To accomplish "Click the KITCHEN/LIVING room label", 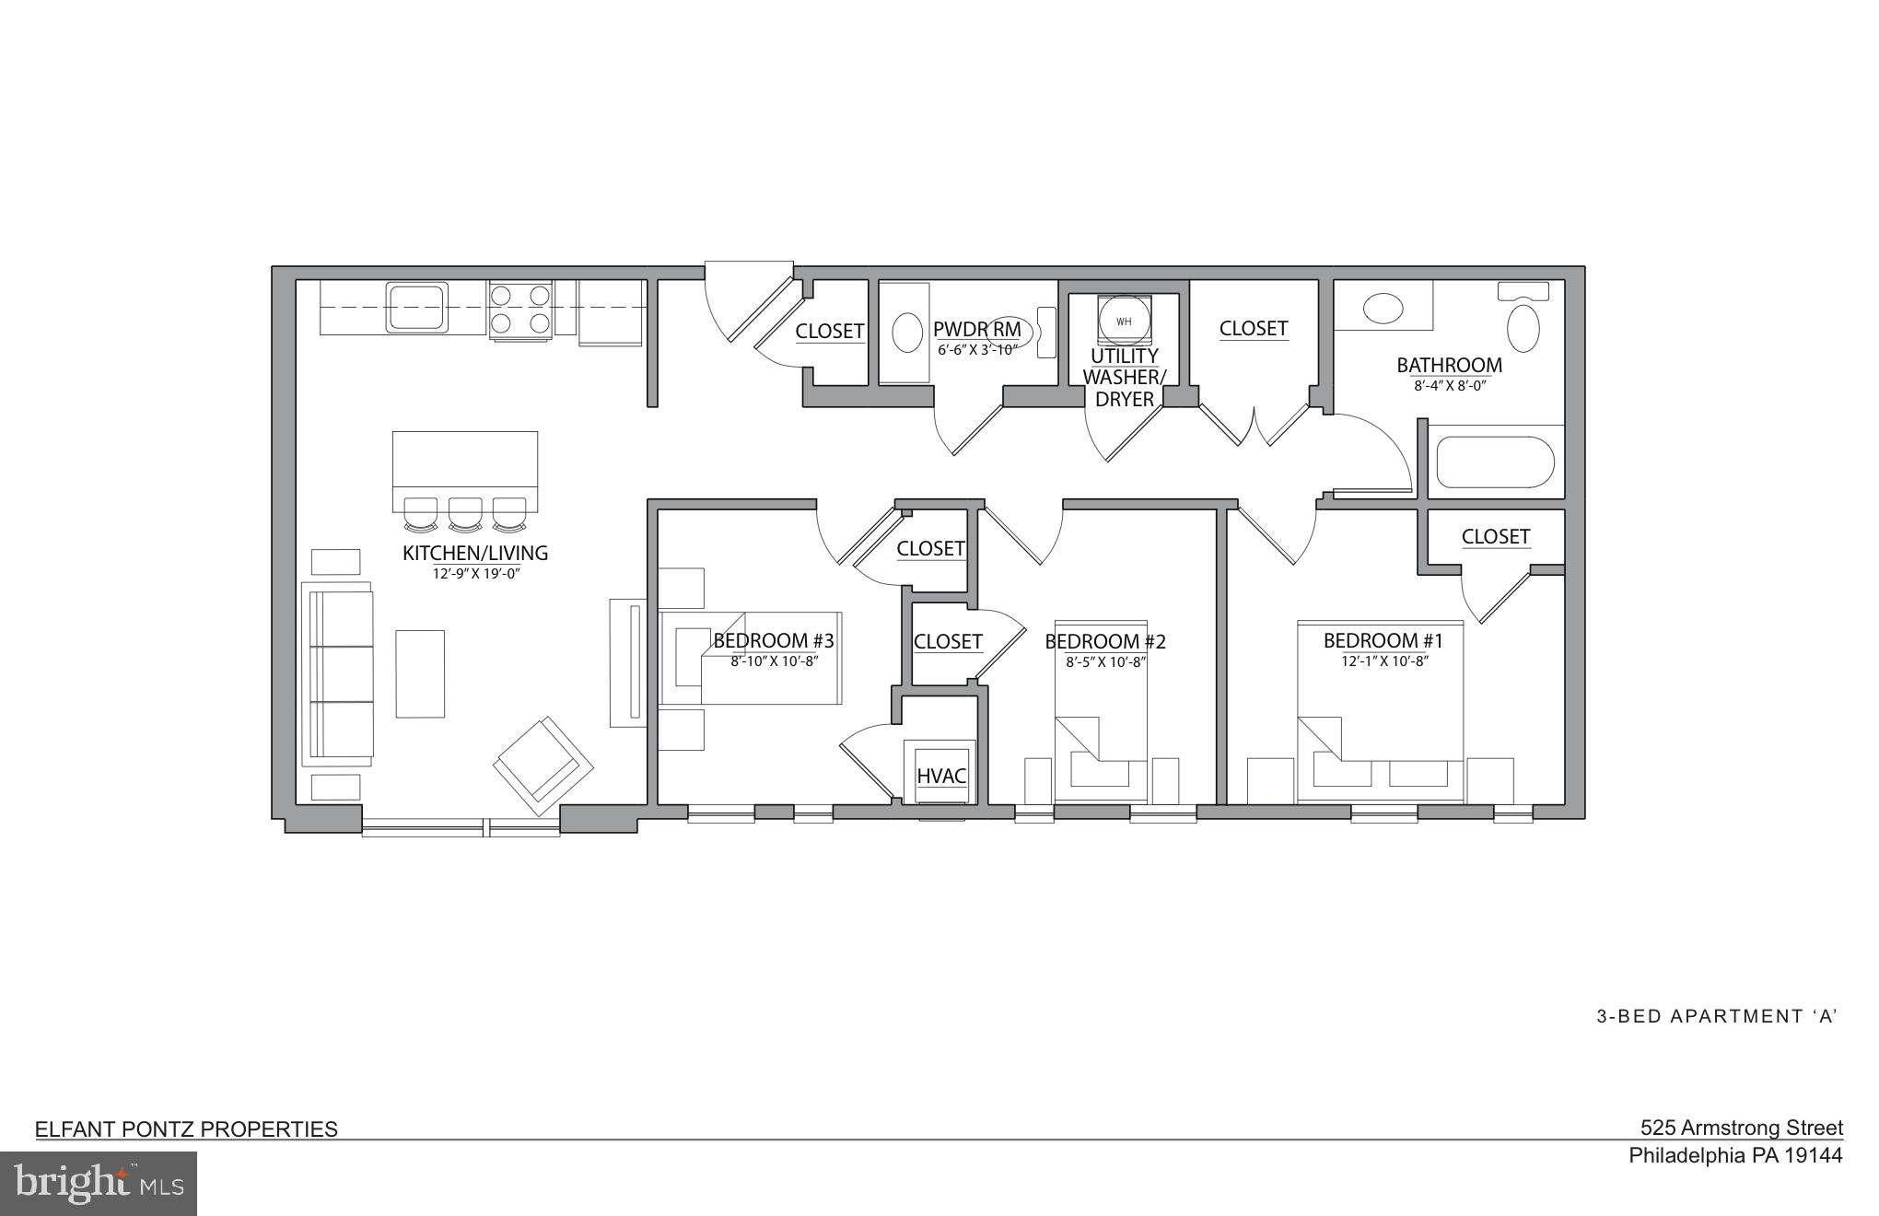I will pos(475,553).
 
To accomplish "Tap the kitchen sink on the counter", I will pos(417,308).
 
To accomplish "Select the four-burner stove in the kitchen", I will pos(520,310).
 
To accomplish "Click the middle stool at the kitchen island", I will pos(465,514).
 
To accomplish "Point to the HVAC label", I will pos(940,776).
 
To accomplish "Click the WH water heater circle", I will pos(1123,322).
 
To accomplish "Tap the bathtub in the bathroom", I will pos(1494,462).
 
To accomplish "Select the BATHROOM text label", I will pos(1449,365).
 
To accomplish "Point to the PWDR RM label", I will pos(976,330).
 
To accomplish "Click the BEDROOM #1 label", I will pos(1383,640).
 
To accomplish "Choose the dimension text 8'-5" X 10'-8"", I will pos(1104,661).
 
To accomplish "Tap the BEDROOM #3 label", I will pos(774,640).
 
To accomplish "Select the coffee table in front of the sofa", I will pos(420,673).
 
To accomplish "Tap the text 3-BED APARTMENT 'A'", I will pos(1717,1016).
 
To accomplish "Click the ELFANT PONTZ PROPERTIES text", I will pos(186,1129).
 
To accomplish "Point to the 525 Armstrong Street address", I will pos(1741,1128).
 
